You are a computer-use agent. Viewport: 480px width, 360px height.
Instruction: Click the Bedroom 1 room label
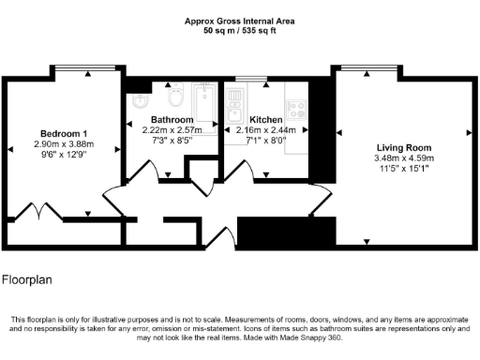pyautogui.click(x=64, y=132)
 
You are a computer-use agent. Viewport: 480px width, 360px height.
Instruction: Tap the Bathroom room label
pyautogui.click(x=172, y=120)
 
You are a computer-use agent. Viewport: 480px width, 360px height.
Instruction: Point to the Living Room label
pyautogui.click(x=403, y=148)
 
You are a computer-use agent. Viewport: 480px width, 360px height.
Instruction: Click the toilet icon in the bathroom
pyautogui.click(x=173, y=97)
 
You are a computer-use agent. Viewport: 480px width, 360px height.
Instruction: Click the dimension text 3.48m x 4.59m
pyautogui.click(x=403, y=158)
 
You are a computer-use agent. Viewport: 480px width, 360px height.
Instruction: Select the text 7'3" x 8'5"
pyautogui.click(x=172, y=141)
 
